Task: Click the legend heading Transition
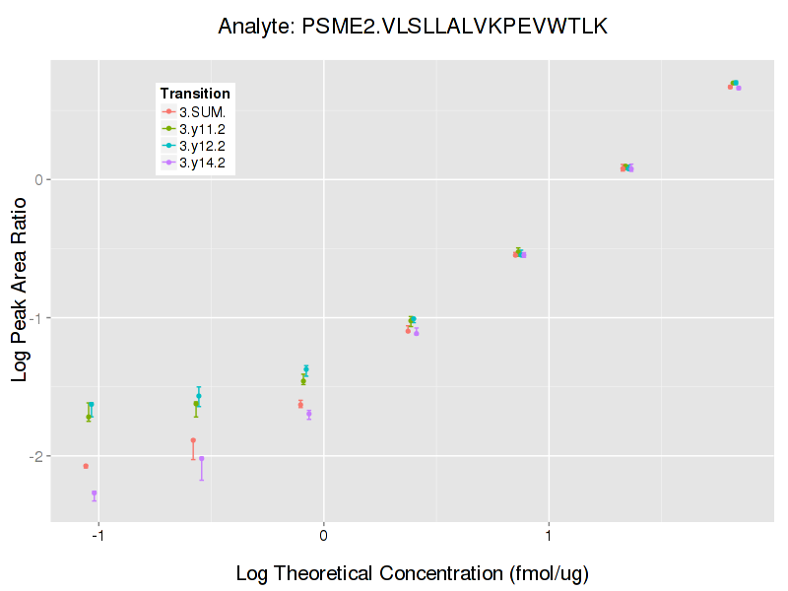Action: pos(195,94)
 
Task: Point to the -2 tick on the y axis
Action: pos(37,456)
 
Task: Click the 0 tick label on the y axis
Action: pos(39,179)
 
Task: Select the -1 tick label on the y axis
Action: pos(37,318)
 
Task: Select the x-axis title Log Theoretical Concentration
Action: pos(412,573)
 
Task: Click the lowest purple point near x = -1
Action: pos(95,493)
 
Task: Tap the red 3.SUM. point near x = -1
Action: pos(86,466)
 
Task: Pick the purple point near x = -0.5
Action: pos(202,458)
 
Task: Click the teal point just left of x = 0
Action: pos(306,369)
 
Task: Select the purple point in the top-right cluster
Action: pos(739,88)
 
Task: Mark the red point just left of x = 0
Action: pos(300,405)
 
